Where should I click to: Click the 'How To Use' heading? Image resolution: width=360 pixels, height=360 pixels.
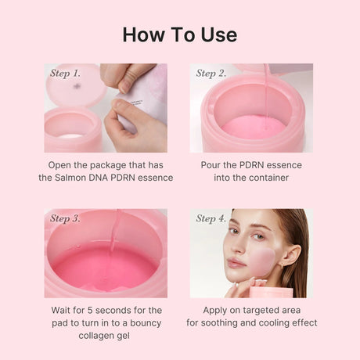click(179, 34)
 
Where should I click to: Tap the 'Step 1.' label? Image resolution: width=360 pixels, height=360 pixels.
click(65, 74)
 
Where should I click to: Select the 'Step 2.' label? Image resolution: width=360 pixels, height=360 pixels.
click(211, 74)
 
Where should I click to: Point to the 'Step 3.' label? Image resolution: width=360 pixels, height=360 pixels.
click(65, 218)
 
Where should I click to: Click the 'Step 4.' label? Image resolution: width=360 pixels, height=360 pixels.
click(211, 218)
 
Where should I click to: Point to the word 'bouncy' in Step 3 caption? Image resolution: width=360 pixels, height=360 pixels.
click(144, 322)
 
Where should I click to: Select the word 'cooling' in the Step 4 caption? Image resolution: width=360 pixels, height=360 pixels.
click(277, 322)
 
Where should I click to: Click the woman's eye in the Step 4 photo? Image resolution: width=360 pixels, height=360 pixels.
click(234, 232)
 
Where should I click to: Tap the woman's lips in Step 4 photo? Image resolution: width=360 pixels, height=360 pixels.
click(234, 264)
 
